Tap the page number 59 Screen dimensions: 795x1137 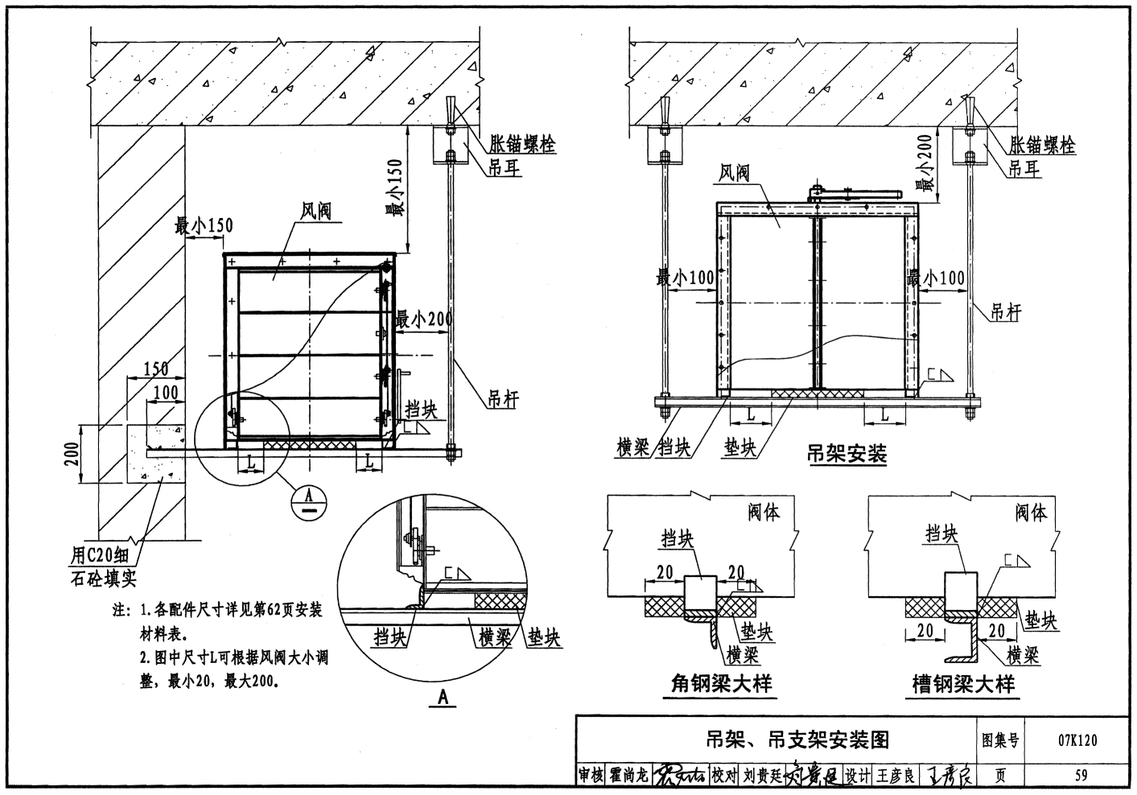(x=1080, y=776)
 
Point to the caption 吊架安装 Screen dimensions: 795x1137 (x=846, y=454)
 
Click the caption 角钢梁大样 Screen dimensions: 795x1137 (x=721, y=684)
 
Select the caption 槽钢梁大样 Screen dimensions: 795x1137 (x=963, y=684)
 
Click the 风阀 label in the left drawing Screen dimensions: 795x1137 (x=315, y=212)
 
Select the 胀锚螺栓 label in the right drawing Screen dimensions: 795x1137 (x=1043, y=146)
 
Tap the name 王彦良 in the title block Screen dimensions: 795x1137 (x=896, y=776)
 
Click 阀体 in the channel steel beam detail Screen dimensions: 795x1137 (x=1031, y=512)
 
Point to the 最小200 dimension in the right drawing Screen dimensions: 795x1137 (x=928, y=163)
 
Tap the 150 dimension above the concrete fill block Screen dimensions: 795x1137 (x=156, y=369)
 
